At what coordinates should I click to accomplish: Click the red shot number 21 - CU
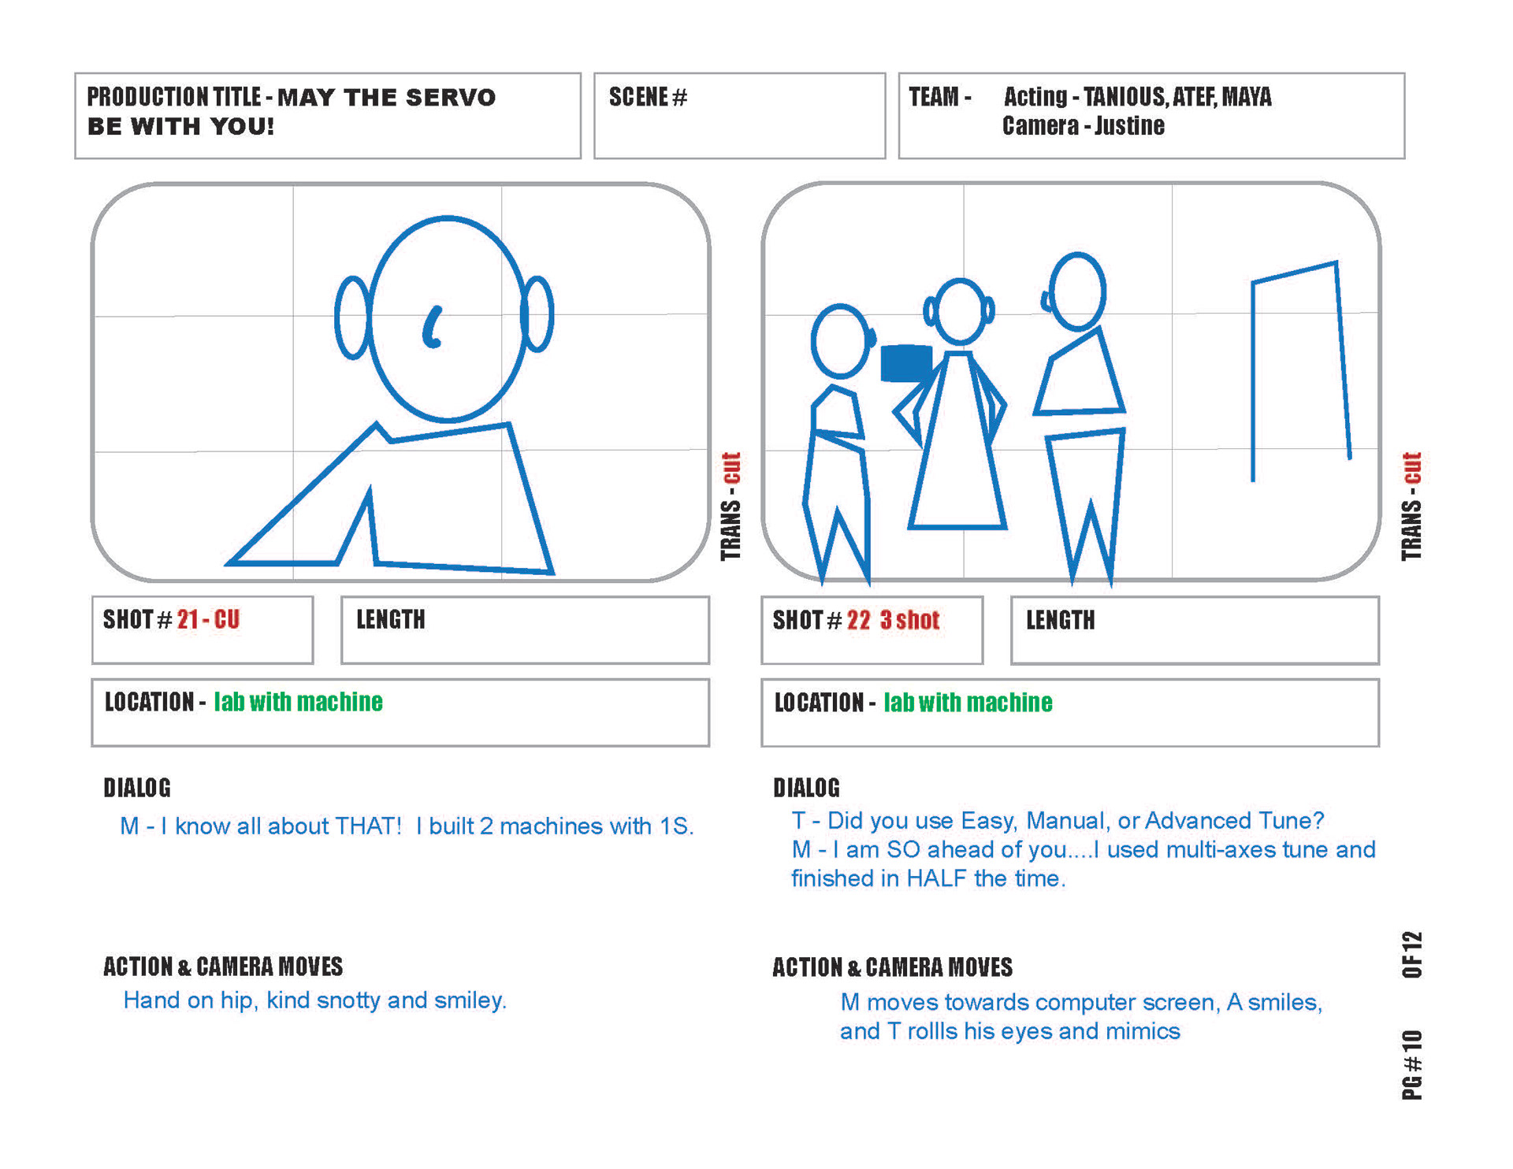pyautogui.click(x=208, y=619)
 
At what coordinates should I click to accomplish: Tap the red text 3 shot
pyautogui.click(x=910, y=620)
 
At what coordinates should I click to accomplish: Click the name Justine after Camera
pyautogui.click(x=1129, y=126)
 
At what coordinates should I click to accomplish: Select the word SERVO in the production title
pyautogui.click(x=451, y=97)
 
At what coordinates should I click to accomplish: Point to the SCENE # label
pyautogui.click(x=648, y=97)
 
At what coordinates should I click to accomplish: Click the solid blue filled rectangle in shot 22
pyautogui.click(x=906, y=363)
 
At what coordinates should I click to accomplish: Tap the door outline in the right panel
pyautogui.click(x=1301, y=370)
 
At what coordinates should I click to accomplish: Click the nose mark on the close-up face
pyautogui.click(x=433, y=327)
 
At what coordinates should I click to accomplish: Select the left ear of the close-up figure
pyautogui.click(x=353, y=317)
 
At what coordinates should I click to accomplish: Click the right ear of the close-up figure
pyautogui.click(x=538, y=314)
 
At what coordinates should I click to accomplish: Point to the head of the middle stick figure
pyautogui.click(x=959, y=312)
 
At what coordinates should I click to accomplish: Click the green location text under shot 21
pyautogui.click(x=298, y=702)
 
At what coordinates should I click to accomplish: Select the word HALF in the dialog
pyautogui.click(x=936, y=878)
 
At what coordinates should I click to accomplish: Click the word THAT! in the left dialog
pyautogui.click(x=368, y=826)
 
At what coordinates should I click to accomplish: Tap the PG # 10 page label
pyautogui.click(x=1412, y=1063)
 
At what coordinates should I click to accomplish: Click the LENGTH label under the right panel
pyautogui.click(x=1060, y=620)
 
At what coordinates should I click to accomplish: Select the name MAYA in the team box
pyautogui.click(x=1247, y=97)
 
